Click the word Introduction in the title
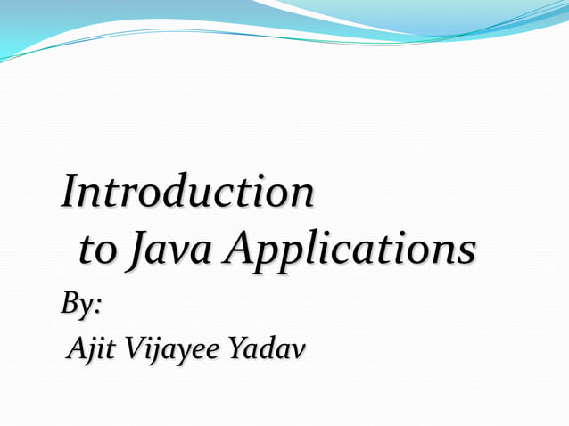[187, 193]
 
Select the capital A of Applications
[240, 250]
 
